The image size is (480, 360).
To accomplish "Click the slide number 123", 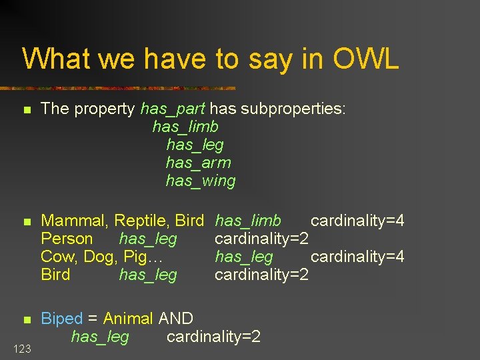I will [21, 348].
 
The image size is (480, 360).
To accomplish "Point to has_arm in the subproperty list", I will [198, 163].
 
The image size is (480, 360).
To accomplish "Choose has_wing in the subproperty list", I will [201, 181].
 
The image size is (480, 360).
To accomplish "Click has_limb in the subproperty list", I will [185, 127].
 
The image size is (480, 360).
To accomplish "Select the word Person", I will [67, 239].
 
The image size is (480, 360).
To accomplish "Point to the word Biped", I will [62, 319].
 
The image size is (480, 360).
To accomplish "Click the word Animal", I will [128, 319].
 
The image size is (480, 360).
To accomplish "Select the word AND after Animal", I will [176, 319].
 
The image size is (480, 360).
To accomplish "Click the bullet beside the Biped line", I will [27, 319].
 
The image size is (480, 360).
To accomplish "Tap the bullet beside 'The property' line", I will [27, 109].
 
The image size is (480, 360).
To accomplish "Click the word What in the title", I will [56, 59].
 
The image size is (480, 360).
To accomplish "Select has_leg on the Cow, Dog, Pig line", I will [244, 257].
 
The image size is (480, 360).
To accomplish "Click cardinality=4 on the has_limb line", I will [357, 221].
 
